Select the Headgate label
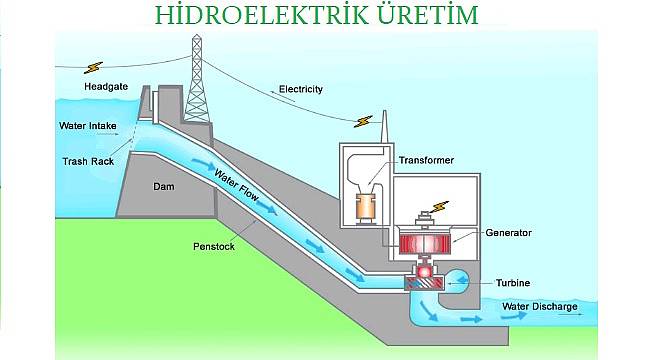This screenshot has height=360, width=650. (107, 87)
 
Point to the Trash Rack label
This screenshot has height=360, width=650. (88, 160)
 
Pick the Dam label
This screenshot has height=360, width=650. (164, 187)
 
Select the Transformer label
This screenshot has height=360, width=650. (427, 159)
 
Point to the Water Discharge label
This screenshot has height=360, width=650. (540, 306)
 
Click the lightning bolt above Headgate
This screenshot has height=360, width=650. (94, 67)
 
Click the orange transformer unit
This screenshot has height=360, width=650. (366, 207)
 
